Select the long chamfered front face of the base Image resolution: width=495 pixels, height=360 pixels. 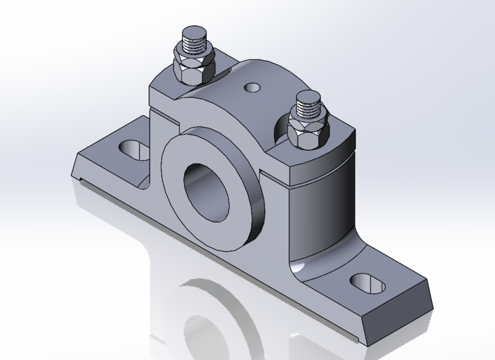click(x=225, y=264)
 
